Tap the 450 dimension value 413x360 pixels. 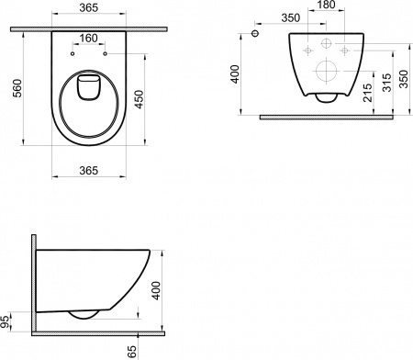140,98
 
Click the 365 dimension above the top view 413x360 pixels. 88,7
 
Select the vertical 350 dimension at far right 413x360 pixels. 405,74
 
